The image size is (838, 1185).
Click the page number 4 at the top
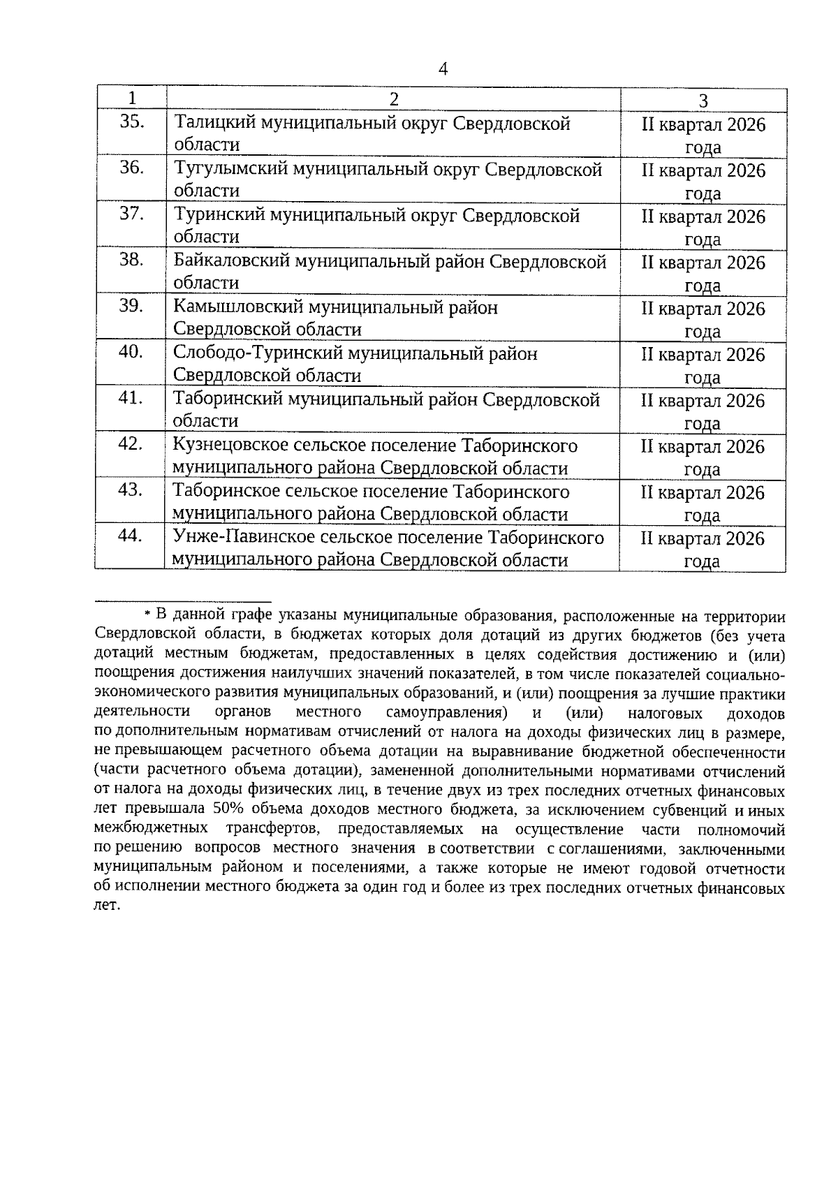[442, 68]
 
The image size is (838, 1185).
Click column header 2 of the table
[394, 99]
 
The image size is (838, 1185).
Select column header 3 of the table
[703, 101]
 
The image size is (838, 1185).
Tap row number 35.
[131, 122]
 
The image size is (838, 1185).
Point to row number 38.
[131, 260]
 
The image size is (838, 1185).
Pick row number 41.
[131, 398]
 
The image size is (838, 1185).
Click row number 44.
[131, 536]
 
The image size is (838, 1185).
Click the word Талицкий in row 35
[214, 124]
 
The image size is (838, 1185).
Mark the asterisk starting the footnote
[147, 614]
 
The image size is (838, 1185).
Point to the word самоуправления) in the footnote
[445, 713]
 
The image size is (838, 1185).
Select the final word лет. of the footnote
[107, 907]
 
